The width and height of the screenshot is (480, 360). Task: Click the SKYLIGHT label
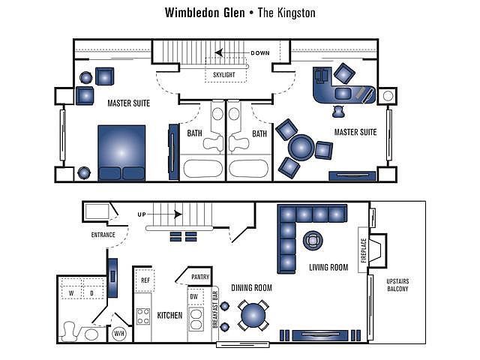point(223,75)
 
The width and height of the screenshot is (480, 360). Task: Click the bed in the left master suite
point(121,153)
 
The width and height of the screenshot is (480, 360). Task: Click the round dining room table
point(253,314)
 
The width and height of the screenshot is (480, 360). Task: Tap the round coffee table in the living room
point(311,241)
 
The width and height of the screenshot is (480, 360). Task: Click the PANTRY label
point(200,277)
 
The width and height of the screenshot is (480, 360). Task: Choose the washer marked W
point(72,293)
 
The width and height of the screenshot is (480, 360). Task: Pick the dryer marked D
point(91,293)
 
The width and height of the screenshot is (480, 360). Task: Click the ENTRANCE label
point(103,235)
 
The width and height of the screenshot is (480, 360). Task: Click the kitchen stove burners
point(143,316)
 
